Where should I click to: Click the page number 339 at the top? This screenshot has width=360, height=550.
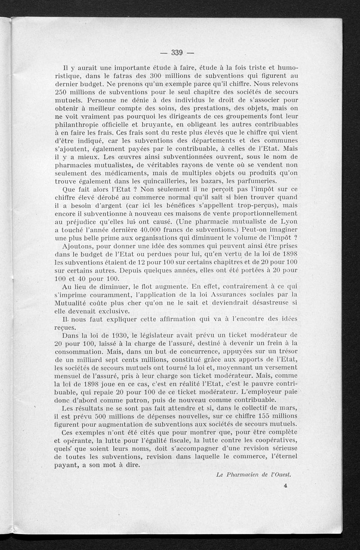pos(176,53)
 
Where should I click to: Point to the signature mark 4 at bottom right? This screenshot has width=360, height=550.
pos(286,486)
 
